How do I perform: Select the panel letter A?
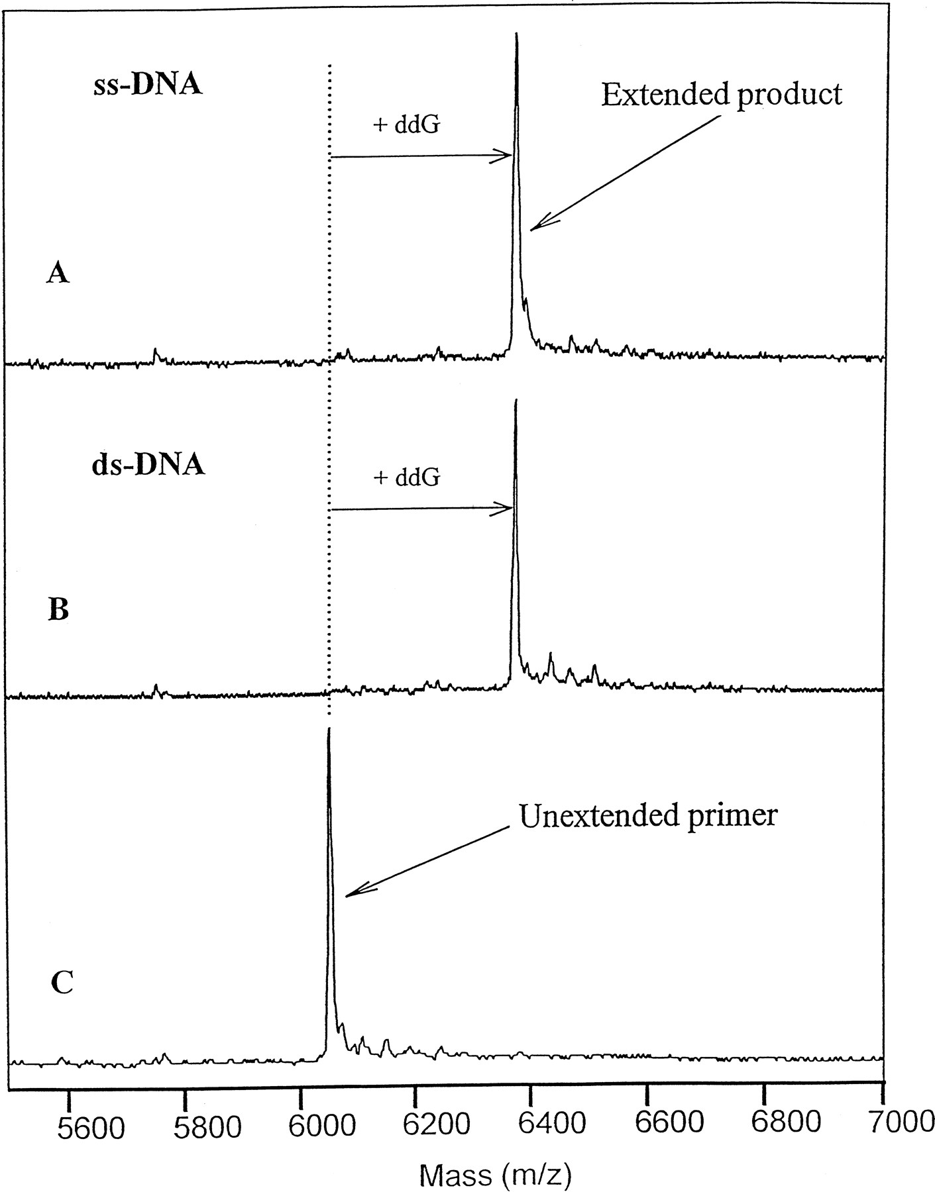coord(58,272)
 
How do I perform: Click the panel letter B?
coord(58,609)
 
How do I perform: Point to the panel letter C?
coord(62,983)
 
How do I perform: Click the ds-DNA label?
coord(148,465)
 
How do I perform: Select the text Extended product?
coord(722,95)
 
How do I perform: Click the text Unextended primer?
coord(647,815)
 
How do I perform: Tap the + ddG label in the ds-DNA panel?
coord(407,477)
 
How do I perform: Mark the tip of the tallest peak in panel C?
coord(329,728)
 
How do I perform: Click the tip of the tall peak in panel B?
coord(515,399)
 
